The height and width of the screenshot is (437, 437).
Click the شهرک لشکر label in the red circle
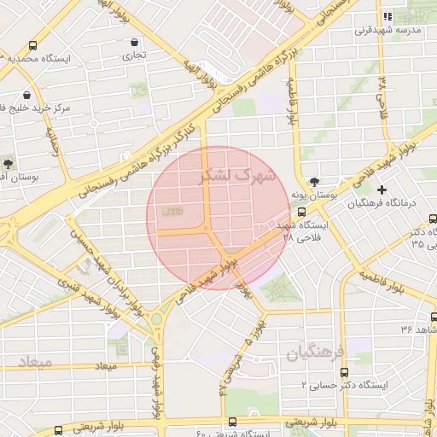(238, 176)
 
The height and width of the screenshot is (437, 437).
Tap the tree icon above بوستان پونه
(316, 182)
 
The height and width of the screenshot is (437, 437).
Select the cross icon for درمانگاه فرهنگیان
(382, 189)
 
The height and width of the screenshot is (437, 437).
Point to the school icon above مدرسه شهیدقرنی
(387, 15)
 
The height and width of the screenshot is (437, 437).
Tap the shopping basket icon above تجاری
(134, 42)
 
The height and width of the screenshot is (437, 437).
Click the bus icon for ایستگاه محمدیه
(33, 46)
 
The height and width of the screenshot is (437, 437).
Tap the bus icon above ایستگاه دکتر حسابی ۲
(344, 372)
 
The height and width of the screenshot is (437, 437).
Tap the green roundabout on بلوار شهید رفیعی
(156, 320)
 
